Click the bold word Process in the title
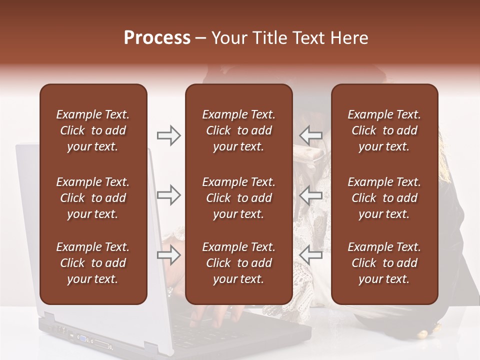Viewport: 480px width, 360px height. point(157,38)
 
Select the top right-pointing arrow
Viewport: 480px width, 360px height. point(169,135)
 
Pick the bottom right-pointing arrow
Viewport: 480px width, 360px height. point(169,255)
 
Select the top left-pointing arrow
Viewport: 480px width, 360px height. point(310,135)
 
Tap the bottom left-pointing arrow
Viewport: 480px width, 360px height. point(310,255)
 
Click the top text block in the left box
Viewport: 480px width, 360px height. point(93,130)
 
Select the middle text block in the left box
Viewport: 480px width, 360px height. point(93,198)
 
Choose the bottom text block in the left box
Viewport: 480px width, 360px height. point(93,263)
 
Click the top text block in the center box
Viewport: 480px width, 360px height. point(238,130)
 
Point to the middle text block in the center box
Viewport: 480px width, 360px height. point(238,198)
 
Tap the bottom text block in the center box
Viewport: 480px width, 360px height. point(238,263)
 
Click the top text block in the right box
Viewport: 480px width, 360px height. point(384,130)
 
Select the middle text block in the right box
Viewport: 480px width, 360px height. point(384,198)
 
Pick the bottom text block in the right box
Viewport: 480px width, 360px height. point(384,263)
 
